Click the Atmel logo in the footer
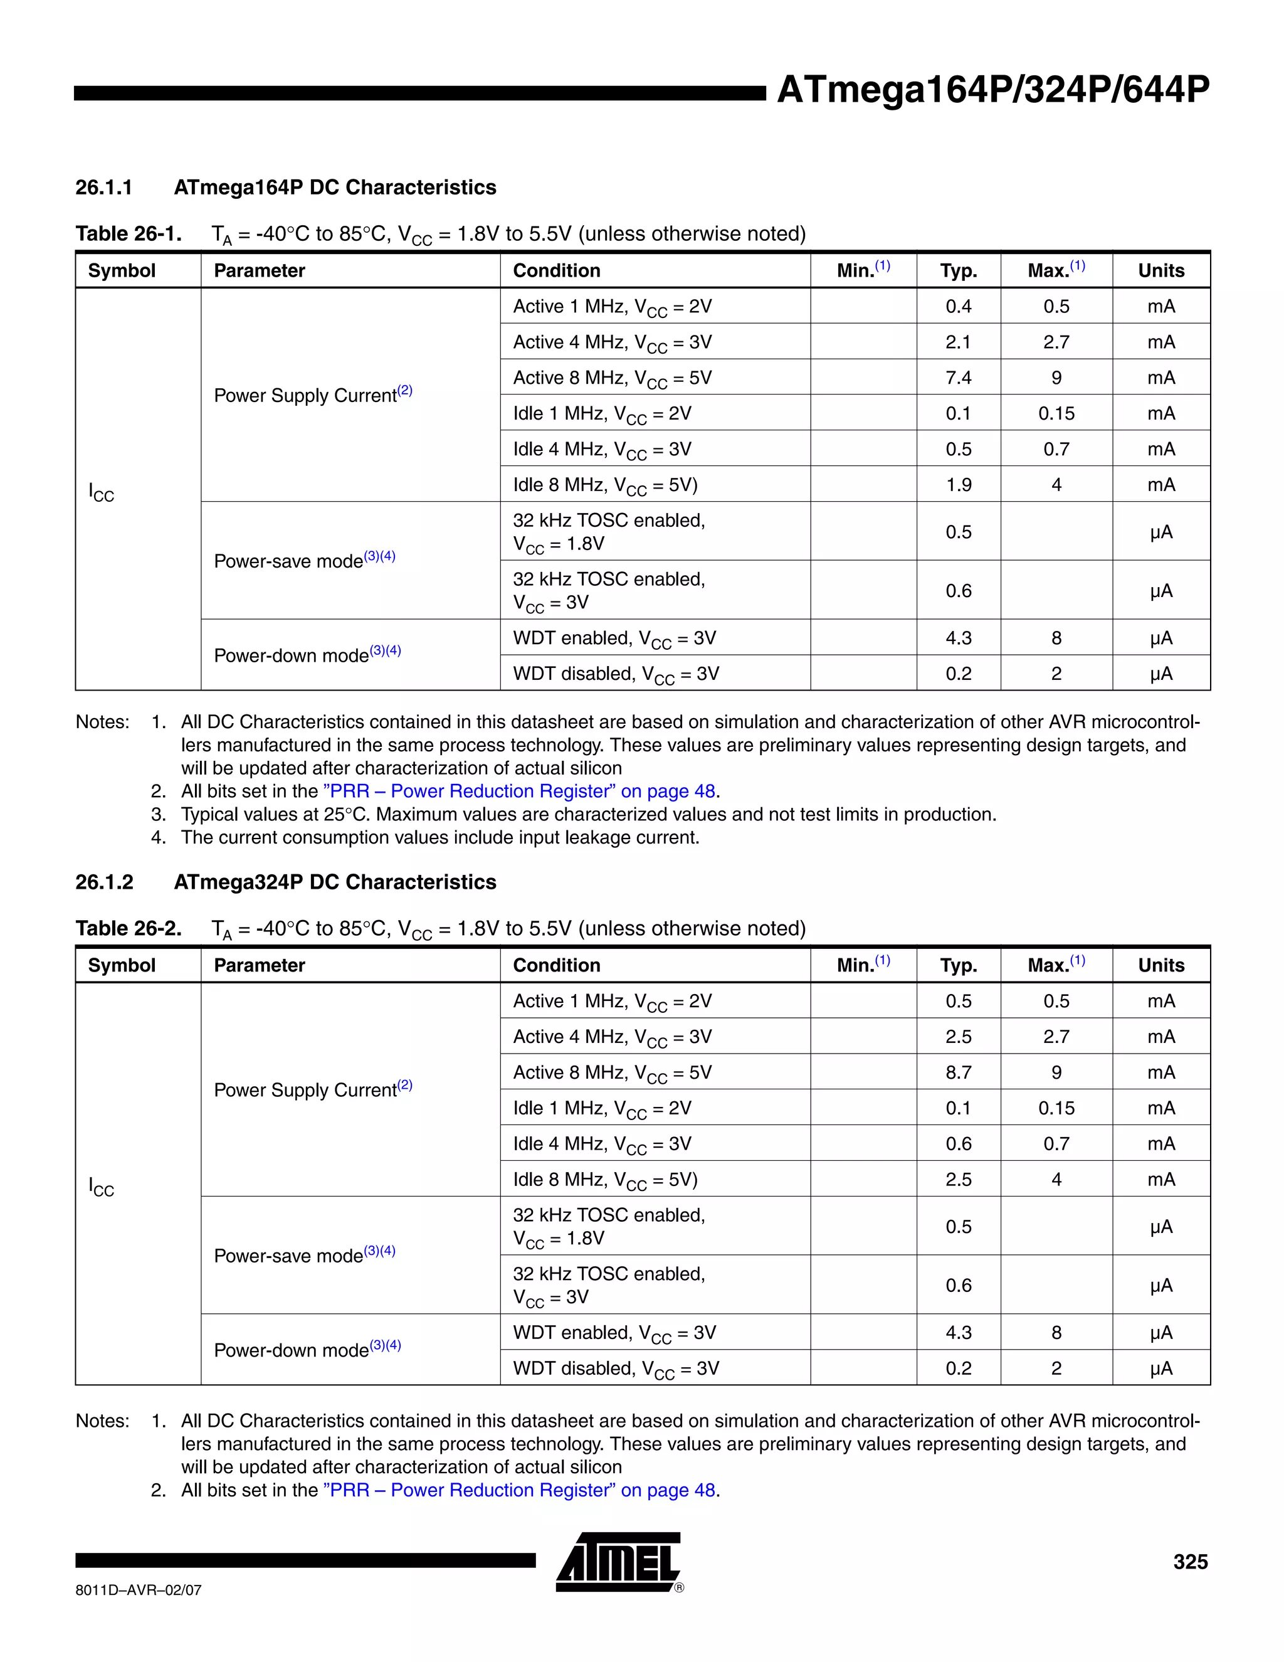point(618,1562)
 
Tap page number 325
point(1190,1562)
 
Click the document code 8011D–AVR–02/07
point(139,1590)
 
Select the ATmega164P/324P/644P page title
point(992,90)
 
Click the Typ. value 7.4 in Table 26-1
point(958,378)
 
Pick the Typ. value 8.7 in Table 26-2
point(958,1072)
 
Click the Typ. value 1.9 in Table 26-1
point(958,485)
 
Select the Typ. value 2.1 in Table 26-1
point(958,342)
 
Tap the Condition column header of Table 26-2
point(556,965)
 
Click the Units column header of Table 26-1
point(1160,271)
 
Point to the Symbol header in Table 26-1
point(122,271)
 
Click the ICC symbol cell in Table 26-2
point(101,1187)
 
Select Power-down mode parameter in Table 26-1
point(307,655)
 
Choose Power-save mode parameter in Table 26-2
point(303,1256)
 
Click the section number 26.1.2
point(104,882)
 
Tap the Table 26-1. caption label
point(129,234)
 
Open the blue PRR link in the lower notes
point(518,1490)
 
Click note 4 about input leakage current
point(439,838)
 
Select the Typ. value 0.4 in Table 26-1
point(958,307)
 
